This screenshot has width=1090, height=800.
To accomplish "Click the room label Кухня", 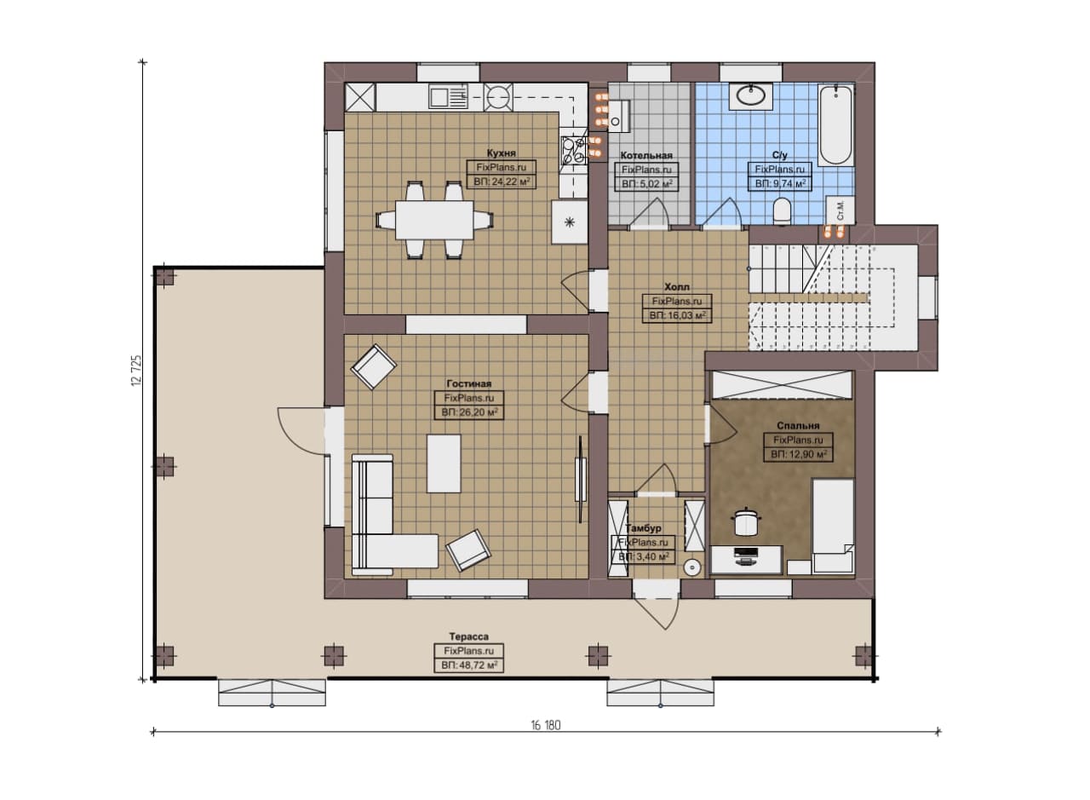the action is pyautogui.click(x=501, y=153).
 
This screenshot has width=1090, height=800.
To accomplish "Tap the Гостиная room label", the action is pyautogui.click(x=469, y=383).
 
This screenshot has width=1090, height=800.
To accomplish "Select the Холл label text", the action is pyautogui.click(x=677, y=287).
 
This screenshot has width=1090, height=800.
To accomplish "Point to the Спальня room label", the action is pyautogui.click(x=798, y=426).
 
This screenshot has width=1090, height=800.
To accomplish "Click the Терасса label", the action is pyautogui.click(x=468, y=636).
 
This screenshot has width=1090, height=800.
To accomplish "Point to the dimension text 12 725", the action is pyautogui.click(x=136, y=371).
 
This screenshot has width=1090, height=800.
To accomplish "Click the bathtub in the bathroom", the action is pyautogui.click(x=836, y=125).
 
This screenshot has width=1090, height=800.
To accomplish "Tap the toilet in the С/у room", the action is pyautogui.click(x=782, y=212).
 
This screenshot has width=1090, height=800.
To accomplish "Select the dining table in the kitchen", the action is pyautogui.click(x=434, y=220).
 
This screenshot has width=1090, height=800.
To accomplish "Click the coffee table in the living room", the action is pyautogui.click(x=444, y=463).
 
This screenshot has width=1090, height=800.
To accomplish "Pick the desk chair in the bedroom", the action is pyautogui.click(x=745, y=523).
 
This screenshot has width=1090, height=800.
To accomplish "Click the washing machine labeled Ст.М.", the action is pyautogui.click(x=840, y=210).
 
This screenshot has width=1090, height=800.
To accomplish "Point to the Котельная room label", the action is pyautogui.click(x=646, y=155).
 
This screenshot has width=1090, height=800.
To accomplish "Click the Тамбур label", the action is pyautogui.click(x=643, y=528).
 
